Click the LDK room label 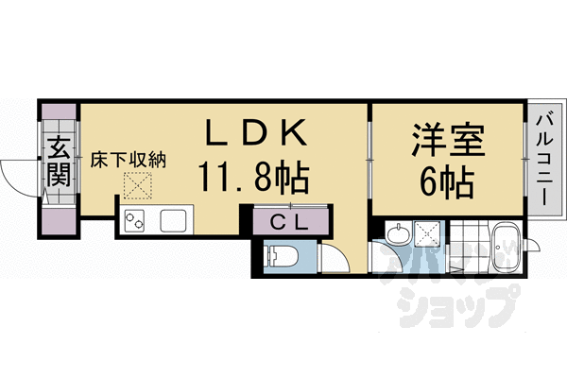click(256, 132)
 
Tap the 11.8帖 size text click(254, 178)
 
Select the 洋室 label click(448, 140)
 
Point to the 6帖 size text click(447, 181)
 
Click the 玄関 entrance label click(59, 162)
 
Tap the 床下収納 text click(128, 160)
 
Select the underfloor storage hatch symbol click(137, 185)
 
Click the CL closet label click(290, 224)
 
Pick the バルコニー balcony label click(544, 160)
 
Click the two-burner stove click(134, 221)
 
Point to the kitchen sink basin click(174, 220)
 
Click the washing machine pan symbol click(427, 233)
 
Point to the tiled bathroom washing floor click(470, 245)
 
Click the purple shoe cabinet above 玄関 click(59, 112)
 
